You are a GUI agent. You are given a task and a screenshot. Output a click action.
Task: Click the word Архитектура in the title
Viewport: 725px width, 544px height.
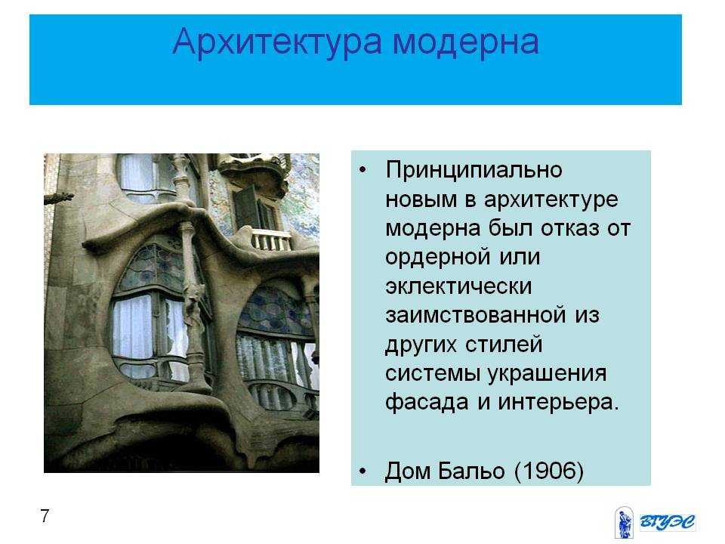[277, 42]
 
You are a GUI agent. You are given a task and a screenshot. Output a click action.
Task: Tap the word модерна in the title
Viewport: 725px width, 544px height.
[466, 42]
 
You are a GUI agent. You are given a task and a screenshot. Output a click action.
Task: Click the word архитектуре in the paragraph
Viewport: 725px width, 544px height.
[551, 200]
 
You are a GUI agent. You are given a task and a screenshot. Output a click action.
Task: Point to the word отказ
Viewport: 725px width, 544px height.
[569, 228]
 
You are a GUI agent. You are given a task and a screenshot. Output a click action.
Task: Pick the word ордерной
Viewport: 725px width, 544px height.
[437, 258]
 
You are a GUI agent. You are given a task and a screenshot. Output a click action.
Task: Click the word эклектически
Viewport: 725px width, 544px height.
[458, 286]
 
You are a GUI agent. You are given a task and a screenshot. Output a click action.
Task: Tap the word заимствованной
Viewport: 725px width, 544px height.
[475, 315]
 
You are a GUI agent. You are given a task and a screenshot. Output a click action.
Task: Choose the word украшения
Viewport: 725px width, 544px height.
[547, 374]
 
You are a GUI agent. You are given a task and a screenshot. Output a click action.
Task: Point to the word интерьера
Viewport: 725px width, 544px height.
[558, 403]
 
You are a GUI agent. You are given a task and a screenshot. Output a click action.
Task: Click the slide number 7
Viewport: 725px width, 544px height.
[45, 515]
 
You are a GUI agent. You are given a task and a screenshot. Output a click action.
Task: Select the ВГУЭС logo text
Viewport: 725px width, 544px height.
[667, 522]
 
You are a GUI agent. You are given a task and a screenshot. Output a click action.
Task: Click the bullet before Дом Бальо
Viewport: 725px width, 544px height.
[362, 471]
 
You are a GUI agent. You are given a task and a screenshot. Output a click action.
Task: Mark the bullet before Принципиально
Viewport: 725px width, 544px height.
[362, 170]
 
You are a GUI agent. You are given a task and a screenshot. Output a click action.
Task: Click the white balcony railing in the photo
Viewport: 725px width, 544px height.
[272, 240]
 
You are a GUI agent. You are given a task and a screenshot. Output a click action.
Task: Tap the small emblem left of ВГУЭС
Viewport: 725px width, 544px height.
[625, 523]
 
